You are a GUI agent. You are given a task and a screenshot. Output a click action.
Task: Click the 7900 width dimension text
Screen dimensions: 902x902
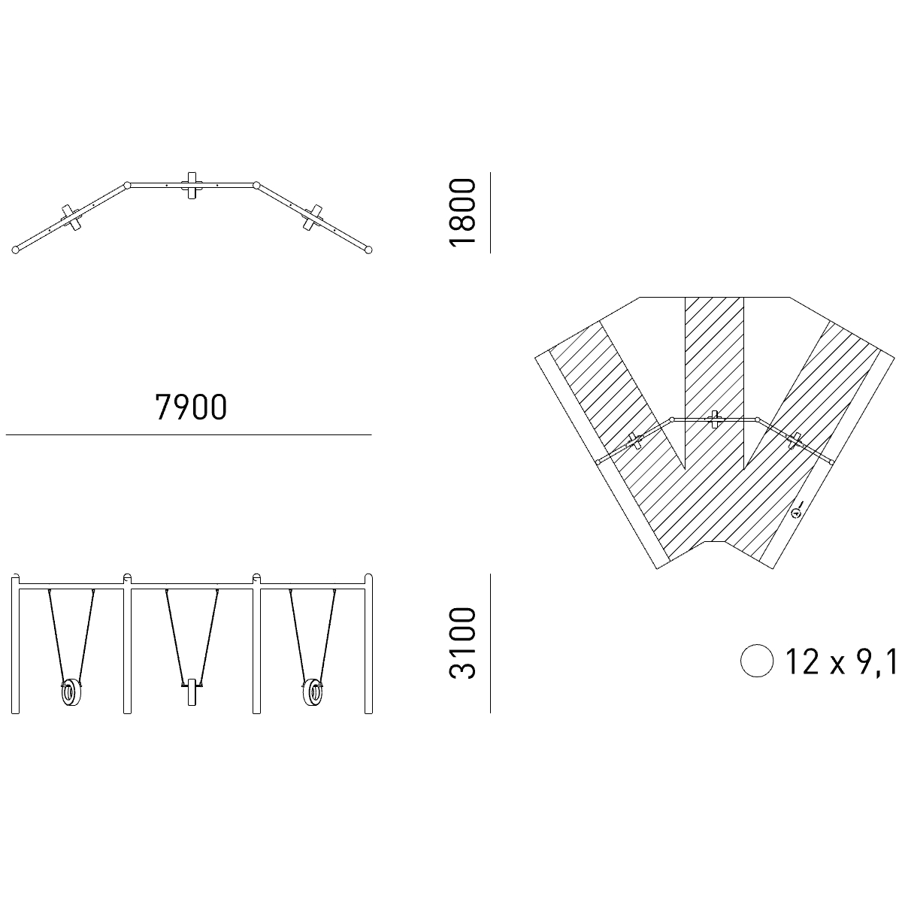click(191, 407)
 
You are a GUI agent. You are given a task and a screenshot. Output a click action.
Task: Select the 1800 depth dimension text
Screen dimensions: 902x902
click(462, 212)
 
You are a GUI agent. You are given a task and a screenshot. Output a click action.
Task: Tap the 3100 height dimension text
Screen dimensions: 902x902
click(462, 643)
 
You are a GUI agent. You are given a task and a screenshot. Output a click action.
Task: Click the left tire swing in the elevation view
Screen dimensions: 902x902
click(71, 693)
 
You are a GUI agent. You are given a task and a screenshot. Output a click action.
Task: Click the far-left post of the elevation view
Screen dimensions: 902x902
click(15, 644)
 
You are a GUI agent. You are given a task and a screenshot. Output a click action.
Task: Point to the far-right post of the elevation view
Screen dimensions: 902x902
click(369, 644)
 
